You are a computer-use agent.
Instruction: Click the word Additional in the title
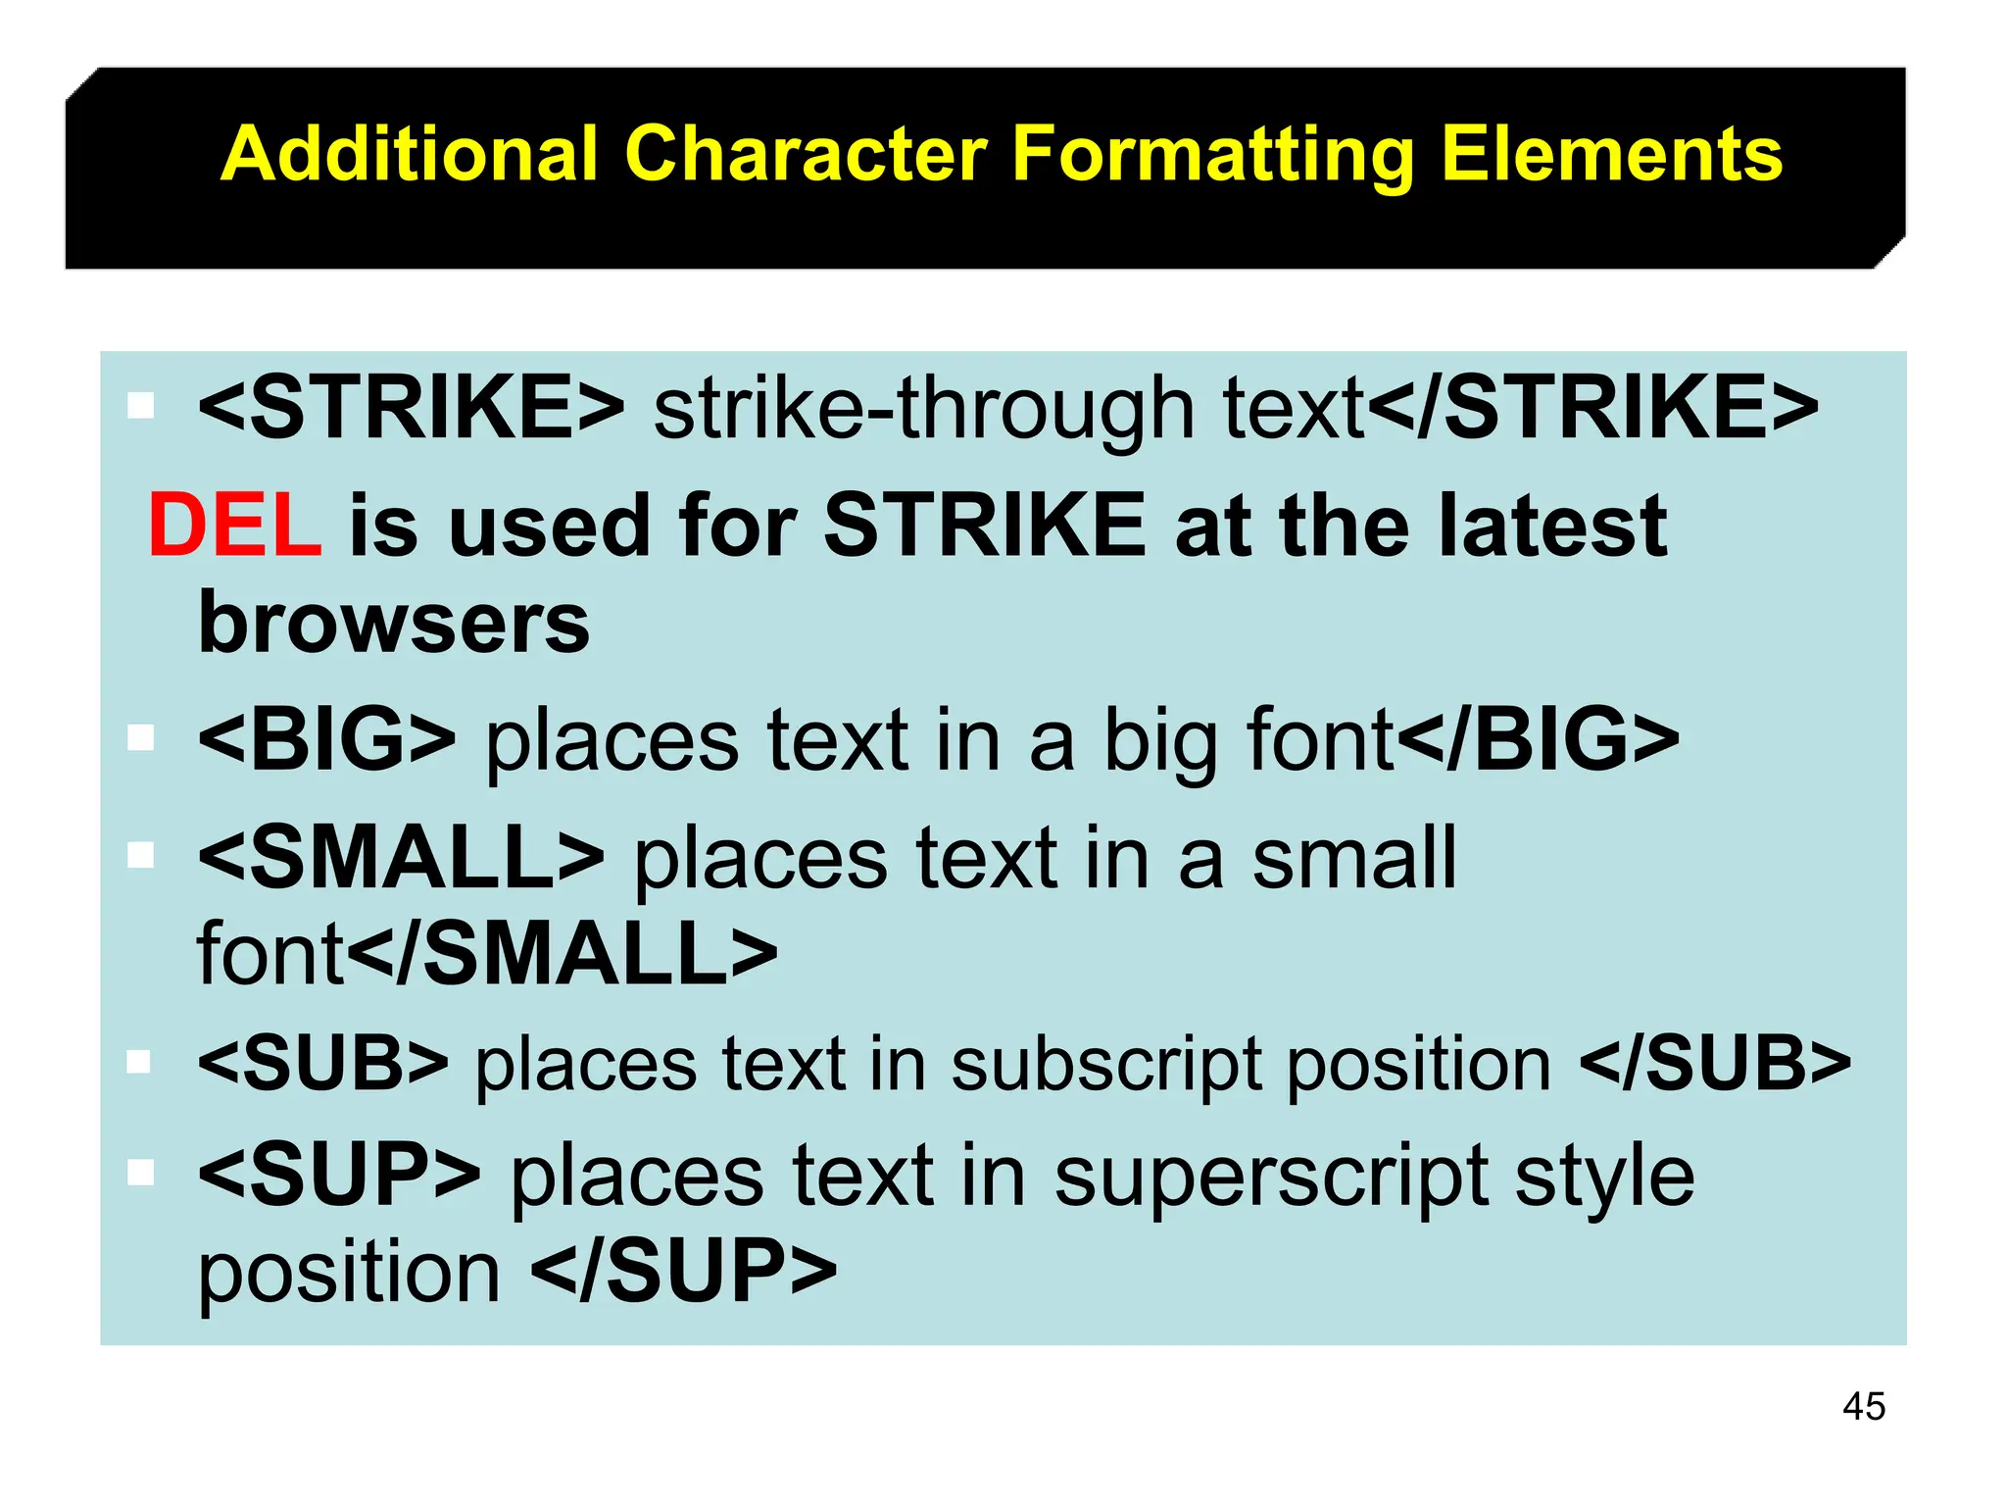click(409, 154)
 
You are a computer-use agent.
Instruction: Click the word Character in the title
click(806, 154)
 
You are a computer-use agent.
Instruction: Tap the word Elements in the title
click(1611, 154)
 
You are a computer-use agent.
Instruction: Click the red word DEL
click(234, 526)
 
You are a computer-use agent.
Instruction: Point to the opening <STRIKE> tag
click(411, 407)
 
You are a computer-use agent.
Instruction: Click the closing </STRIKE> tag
click(1591, 407)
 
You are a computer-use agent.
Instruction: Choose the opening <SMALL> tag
click(401, 858)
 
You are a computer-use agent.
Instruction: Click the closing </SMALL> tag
click(563, 953)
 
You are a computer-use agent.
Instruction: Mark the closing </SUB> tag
click(1715, 1063)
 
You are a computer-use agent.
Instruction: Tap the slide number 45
click(1863, 1406)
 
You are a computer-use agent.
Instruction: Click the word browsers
click(394, 623)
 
